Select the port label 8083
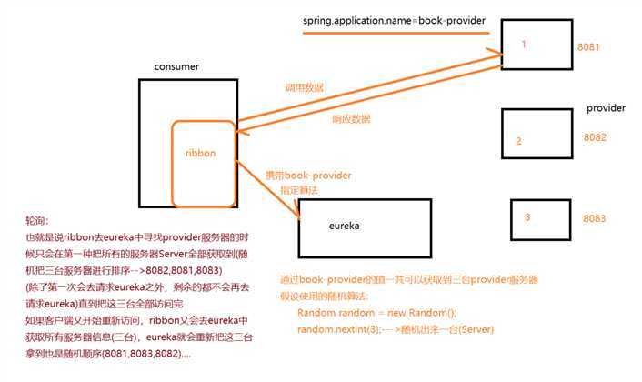click(594, 219)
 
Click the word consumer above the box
click(177, 67)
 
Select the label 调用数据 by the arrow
click(305, 88)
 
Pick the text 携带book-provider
click(306, 174)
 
